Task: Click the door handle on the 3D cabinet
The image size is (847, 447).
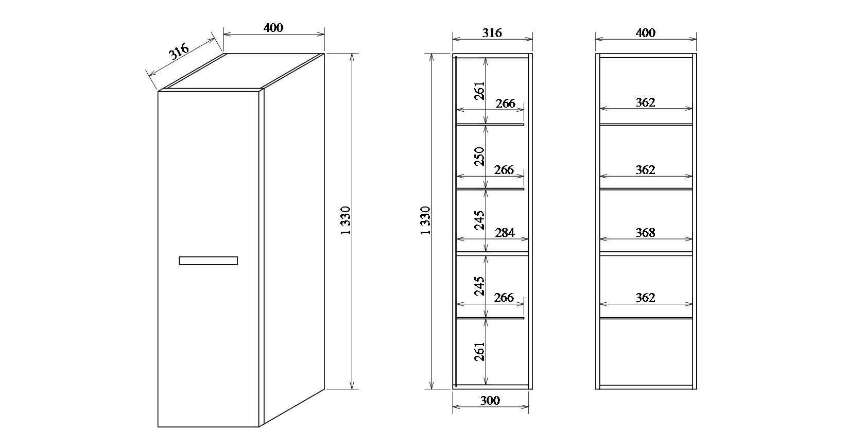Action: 209,261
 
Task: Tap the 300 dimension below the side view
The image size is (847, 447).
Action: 490,400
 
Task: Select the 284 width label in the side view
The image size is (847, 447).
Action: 505,233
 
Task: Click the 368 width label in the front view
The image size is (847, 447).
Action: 646,233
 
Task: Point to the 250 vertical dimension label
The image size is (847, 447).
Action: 479,156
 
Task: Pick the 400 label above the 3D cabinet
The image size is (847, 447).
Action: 273,28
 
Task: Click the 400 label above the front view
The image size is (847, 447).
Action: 646,33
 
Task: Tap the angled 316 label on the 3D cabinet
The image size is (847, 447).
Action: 179,52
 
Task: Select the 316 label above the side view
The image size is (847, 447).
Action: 492,33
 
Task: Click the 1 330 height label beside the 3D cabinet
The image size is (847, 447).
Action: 345,220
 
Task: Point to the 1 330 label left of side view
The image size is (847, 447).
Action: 425,220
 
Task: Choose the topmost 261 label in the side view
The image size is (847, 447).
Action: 479,91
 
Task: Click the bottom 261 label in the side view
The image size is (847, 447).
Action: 479,352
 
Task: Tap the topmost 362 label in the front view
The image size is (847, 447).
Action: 646,102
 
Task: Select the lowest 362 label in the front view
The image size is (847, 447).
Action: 646,298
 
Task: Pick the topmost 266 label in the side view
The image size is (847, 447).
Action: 506,103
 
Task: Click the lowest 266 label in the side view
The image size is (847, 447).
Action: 504,298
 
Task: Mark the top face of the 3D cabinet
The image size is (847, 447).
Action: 241,72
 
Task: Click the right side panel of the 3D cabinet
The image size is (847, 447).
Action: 294,240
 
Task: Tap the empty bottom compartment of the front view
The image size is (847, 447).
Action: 646,352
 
